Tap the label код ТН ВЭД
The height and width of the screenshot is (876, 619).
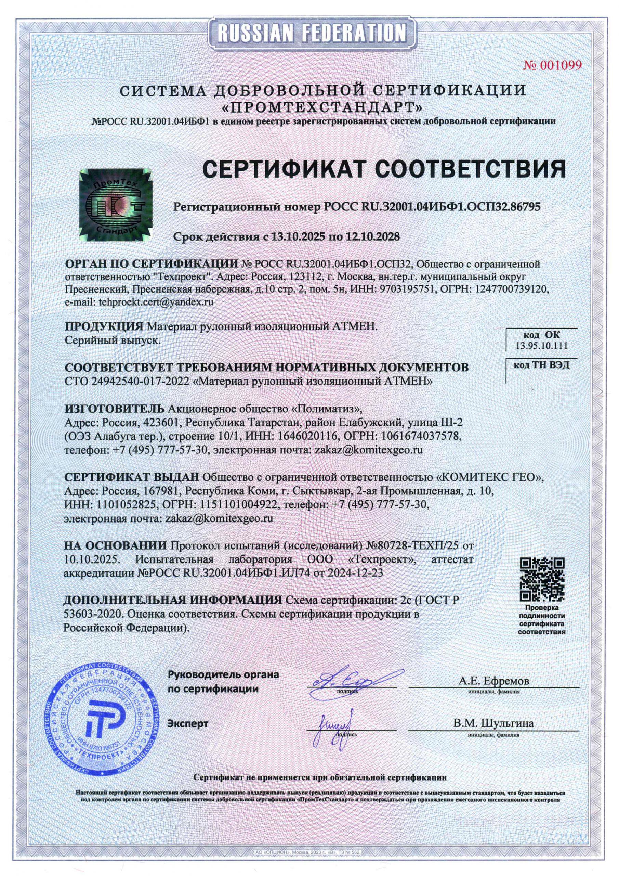(x=541, y=365)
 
